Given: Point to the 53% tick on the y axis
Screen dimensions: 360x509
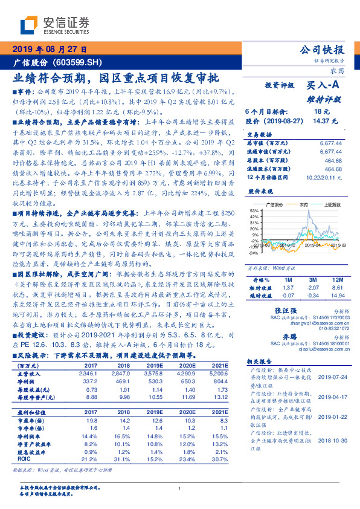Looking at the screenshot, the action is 253,227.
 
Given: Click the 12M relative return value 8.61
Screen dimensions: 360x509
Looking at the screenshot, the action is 337,289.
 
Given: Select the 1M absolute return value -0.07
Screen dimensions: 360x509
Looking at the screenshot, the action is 288,296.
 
